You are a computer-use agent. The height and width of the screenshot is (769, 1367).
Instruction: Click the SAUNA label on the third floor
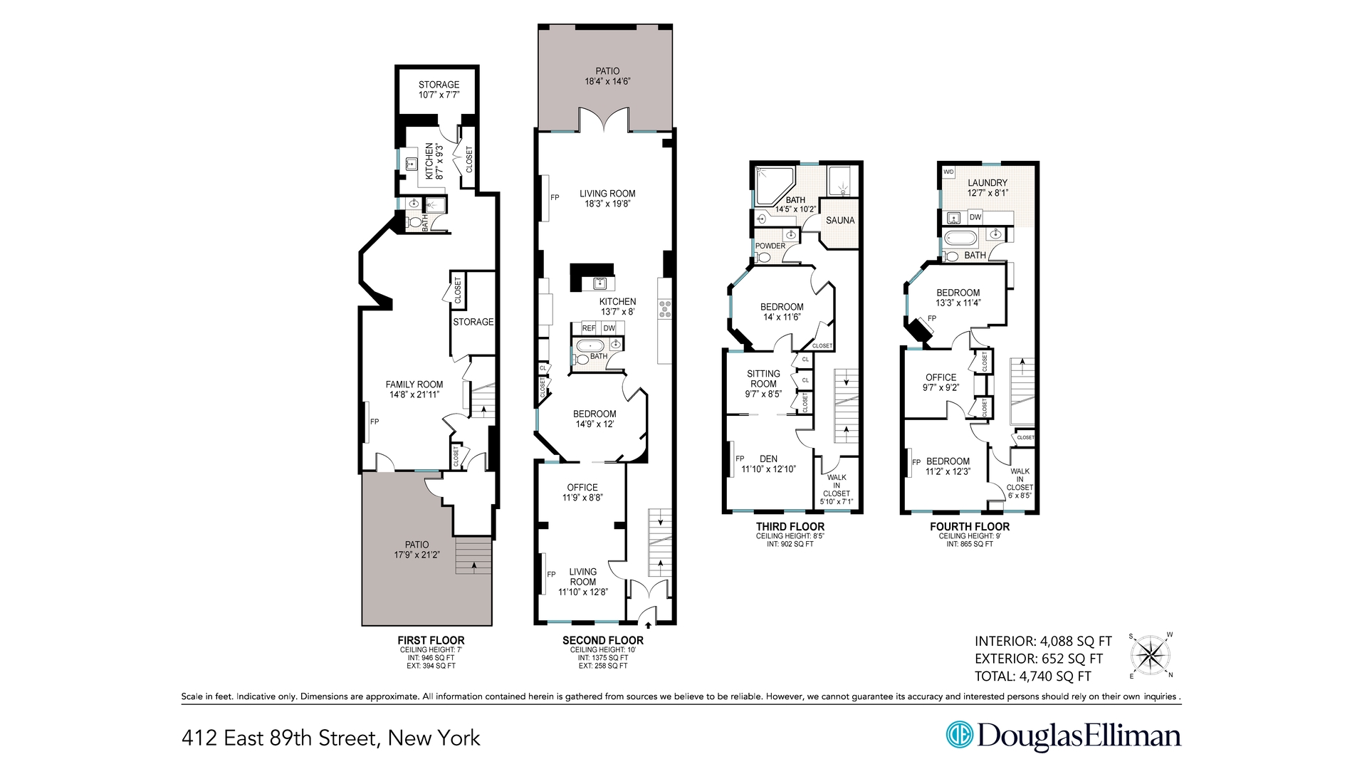point(840,221)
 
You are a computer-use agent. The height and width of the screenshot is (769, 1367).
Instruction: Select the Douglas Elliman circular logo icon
point(959,735)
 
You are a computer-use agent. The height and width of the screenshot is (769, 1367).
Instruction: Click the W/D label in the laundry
point(948,172)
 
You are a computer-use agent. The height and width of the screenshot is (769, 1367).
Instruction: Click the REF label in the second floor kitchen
point(589,328)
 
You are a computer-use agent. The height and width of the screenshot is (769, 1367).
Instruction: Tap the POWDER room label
point(770,246)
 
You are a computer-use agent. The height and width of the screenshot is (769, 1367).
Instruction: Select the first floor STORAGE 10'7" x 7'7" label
point(439,89)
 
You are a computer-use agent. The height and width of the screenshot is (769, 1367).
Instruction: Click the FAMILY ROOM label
point(414,389)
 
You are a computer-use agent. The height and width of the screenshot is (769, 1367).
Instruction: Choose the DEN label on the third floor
point(768,459)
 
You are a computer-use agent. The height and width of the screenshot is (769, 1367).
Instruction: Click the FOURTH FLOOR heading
point(970,527)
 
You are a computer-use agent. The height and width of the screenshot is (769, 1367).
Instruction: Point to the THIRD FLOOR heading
point(790,527)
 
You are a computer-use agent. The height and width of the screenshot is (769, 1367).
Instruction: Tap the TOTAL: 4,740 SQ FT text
point(1032,676)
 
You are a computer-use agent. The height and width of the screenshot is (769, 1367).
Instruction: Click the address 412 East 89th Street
point(331,738)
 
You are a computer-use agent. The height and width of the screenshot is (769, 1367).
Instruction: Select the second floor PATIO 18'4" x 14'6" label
point(607,76)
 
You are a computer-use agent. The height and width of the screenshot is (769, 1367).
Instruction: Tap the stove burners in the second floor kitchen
point(666,308)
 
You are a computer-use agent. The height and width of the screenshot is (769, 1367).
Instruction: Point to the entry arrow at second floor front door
point(648,624)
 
